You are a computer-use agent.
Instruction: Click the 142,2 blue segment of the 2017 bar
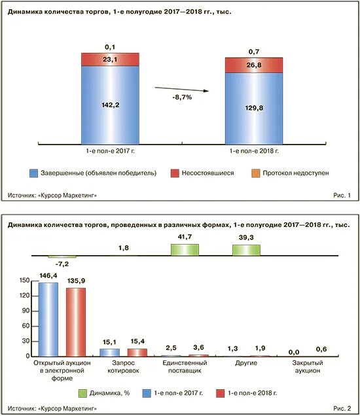(x=110, y=105)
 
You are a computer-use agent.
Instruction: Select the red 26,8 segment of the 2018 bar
(x=254, y=65)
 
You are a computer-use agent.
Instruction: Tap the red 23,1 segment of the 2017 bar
(x=110, y=60)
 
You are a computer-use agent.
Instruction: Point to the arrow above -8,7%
(x=182, y=89)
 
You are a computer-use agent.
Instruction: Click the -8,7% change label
(x=182, y=97)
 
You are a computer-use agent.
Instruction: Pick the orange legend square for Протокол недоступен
(x=256, y=173)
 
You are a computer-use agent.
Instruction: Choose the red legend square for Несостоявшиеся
(x=175, y=173)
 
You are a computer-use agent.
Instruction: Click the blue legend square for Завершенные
(x=34, y=173)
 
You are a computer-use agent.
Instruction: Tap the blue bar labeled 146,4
(x=48, y=319)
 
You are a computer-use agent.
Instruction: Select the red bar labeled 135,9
(x=76, y=322)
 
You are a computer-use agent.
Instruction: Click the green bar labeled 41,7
(x=185, y=250)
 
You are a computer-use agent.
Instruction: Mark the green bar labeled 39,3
(x=246, y=250)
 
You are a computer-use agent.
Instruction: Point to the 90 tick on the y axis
(x=26, y=311)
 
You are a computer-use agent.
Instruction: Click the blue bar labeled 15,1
(x=110, y=353)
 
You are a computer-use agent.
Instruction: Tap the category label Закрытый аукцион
(x=308, y=367)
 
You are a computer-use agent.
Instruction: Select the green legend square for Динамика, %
(x=82, y=393)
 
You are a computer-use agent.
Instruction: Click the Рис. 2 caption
(x=342, y=408)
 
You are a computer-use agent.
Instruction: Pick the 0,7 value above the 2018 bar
(x=254, y=52)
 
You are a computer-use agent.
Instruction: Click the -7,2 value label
(x=62, y=264)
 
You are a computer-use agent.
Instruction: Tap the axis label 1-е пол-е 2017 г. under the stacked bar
(x=110, y=151)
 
